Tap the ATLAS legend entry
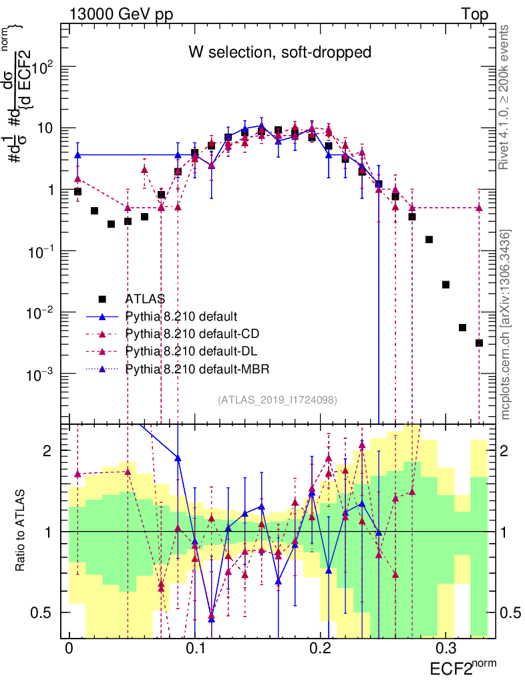[x=145, y=298]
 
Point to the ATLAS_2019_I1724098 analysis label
[x=277, y=400]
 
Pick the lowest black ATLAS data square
[x=479, y=343]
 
